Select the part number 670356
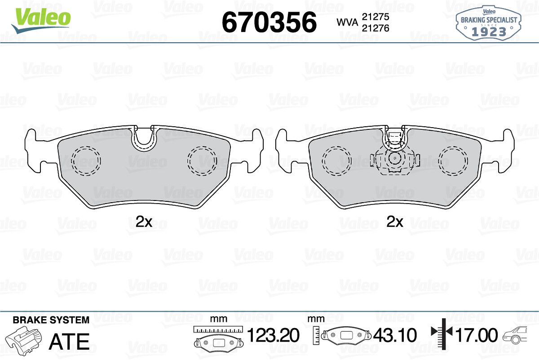(x=269, y=22)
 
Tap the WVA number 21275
(x=376, y=17)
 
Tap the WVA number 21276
(x=376, y=28)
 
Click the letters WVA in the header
(x=347, y=22)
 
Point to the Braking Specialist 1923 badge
(x=489, y=23)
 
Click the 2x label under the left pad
(x=144, y=222)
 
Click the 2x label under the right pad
(x=395, y=222)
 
